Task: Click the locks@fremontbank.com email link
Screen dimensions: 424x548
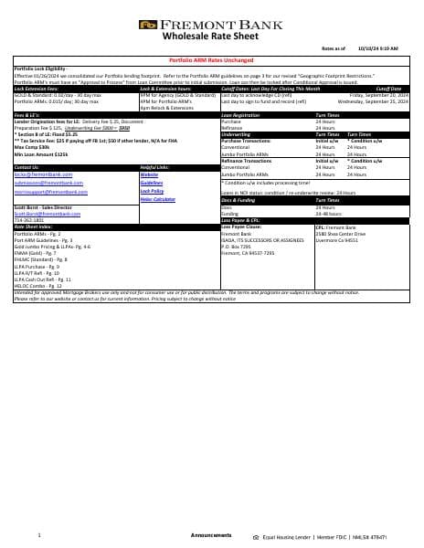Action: point(34,174)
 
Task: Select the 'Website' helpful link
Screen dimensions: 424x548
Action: point(149,174)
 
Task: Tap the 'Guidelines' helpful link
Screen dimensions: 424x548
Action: point(152,183)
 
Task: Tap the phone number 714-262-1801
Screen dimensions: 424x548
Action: point(28,220)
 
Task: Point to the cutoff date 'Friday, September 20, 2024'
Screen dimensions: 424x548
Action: point(382,94)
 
